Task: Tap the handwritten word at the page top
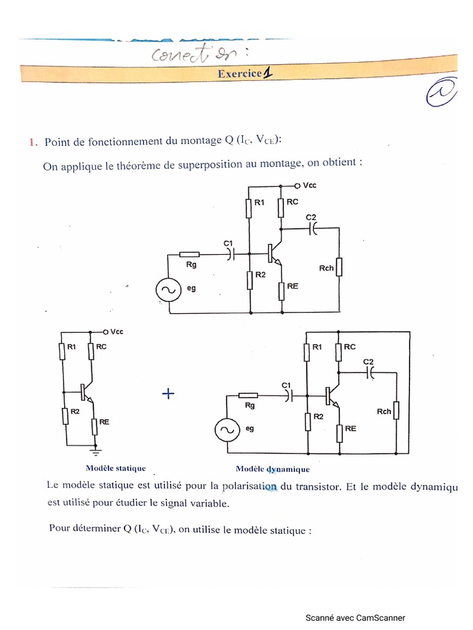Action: coord(184,54)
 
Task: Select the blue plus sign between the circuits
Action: coord(168,394)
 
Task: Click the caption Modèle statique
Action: coord(116,468)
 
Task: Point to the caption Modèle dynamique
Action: coord(269,469)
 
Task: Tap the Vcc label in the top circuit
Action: coord(309,185)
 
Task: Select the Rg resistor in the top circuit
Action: coord(190,254)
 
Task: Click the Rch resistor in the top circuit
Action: coord(339,267)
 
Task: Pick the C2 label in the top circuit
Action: coord(311,217)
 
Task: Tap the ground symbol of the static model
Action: coord(95,452)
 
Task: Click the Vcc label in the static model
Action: coord(116,332)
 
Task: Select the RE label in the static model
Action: coord(104,422)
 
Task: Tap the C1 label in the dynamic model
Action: coord(285,385)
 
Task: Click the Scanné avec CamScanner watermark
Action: coord(355,618)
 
